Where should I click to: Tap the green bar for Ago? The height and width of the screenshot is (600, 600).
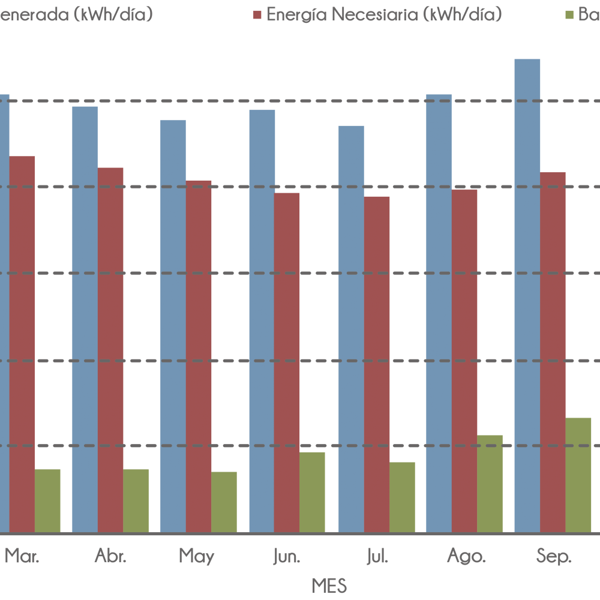(490, 484)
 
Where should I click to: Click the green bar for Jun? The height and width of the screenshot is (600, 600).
(312, 492)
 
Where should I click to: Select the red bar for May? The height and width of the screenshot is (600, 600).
(199, 356)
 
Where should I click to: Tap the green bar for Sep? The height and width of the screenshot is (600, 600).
(578, 475)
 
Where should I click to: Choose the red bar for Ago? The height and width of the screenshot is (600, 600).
(464, 361)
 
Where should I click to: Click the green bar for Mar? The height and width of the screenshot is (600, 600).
(47, 500)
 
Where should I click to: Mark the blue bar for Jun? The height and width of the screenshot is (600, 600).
(262, 321)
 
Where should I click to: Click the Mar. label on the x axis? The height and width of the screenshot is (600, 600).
(22, 557)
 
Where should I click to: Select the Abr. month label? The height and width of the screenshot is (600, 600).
(110, 557)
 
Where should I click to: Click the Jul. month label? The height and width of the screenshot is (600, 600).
(376, 557)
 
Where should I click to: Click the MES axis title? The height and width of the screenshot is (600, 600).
(329, 585)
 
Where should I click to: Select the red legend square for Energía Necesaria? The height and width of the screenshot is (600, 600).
(257, 15)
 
